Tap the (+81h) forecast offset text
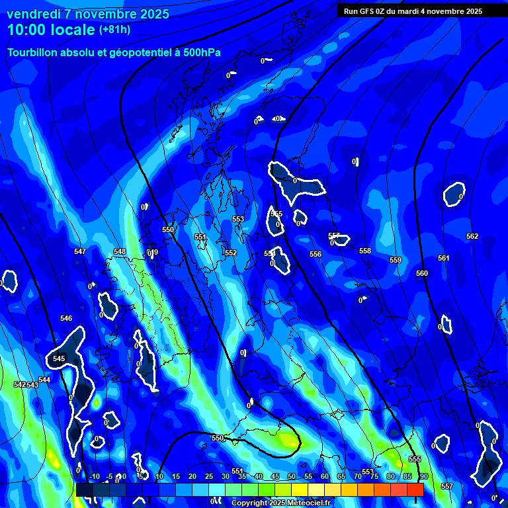click(114, 30)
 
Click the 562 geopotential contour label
click(472, 236)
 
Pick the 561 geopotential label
click(443, 258)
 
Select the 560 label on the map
click(422, 273)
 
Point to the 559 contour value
click(396, 260)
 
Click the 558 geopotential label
click(365, 251)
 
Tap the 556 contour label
click(316, 254)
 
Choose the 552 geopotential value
click(231, 253)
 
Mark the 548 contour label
click(120, 251)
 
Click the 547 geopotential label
click(80, 251)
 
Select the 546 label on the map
click(66, 318)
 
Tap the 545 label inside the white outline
click(59, 359)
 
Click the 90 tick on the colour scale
click(423, 476)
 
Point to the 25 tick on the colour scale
click(209, 476)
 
